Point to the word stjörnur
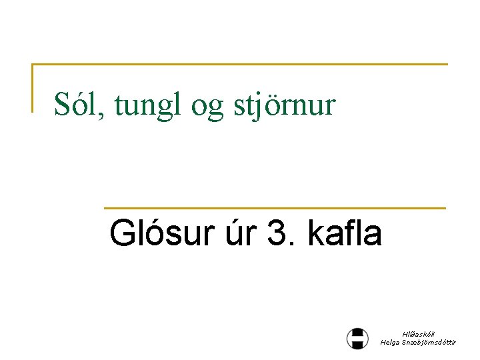285,105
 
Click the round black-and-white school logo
357,338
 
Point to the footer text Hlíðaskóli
417,334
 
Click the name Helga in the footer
391,342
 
